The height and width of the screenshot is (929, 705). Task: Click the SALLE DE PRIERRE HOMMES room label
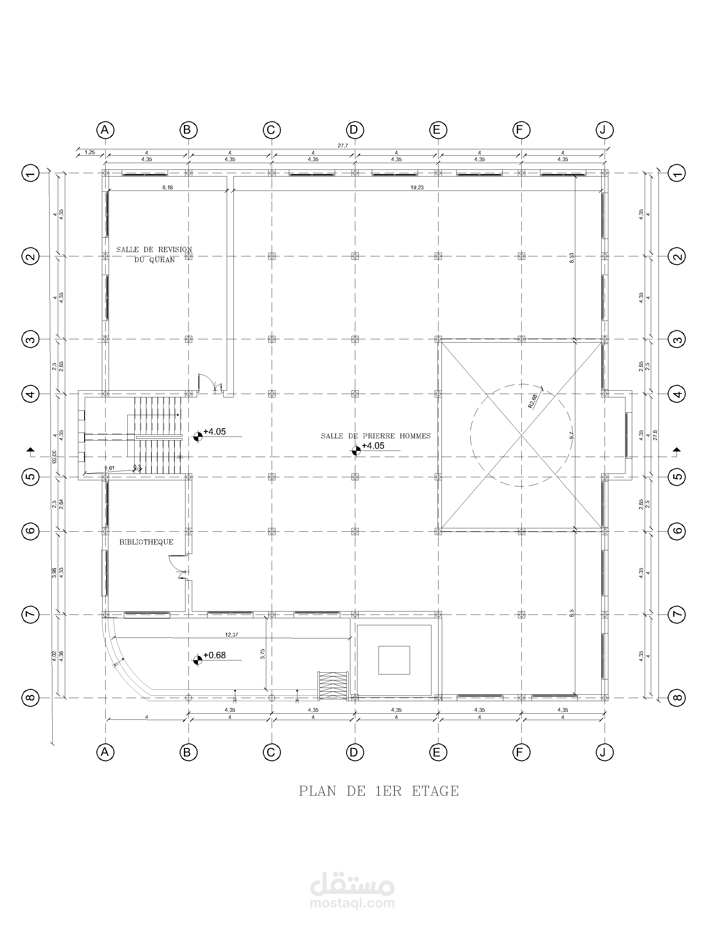click(x=376, y=436)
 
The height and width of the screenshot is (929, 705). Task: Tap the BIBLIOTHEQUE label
click(x=146, y=542)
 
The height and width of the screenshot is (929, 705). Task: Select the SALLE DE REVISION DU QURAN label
click(x=154, y=255)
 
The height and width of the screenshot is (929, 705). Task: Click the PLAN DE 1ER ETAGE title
click(x=379, y=791)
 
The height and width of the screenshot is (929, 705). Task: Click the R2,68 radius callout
click(x=533, y=400)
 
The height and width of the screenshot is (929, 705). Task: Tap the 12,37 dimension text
click(x=232, y=635)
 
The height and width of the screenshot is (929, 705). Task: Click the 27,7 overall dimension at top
click(x=343, y=146)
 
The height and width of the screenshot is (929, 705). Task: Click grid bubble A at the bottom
click(x=105, y=752)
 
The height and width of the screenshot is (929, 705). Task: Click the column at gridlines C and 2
click(x=272, y=256)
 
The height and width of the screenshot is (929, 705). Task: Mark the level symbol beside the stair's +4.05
click(x=197, y=437)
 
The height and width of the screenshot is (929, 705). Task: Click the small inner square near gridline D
click(x=394, y=660)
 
